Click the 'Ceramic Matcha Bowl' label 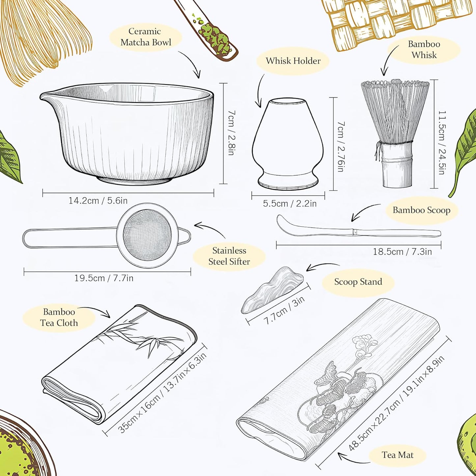pos(146,37)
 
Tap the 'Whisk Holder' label pos(293,61)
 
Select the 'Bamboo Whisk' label pos(424,49)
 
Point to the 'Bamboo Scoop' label pos(421,210)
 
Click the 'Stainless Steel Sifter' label pos(229,256)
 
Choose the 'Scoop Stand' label pos(358,282)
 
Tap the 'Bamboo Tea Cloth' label pos(59,317)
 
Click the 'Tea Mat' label pos(398,455)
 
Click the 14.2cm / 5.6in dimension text pos(98,201)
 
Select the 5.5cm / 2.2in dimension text pos(290,204)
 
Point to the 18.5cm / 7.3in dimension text pos(402,252)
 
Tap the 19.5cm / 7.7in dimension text pos(104,278)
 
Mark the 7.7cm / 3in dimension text pos(284,310)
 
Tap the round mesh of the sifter pos(147,235)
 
